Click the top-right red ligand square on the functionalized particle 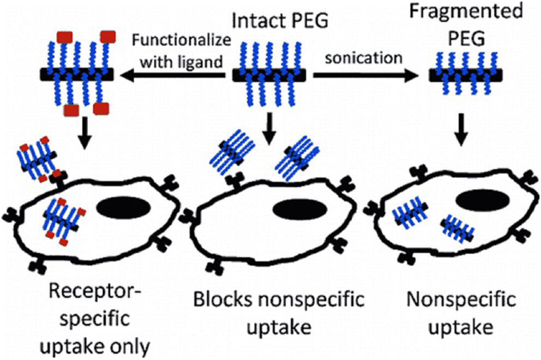point(106,36)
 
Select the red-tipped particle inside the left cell point(63,220)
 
